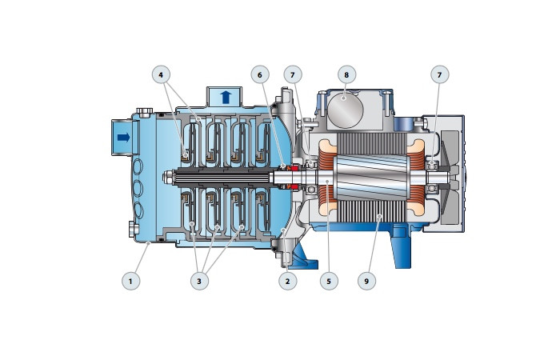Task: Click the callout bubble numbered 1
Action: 130,281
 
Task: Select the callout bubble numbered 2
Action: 288,281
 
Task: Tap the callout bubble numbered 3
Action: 199,281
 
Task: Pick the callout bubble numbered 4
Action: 161,74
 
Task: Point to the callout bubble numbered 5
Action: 329,281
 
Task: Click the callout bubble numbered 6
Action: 260,74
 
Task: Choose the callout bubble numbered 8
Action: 346,74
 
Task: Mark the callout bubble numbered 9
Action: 366,281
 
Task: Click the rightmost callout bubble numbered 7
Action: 440,74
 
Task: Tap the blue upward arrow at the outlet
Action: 226,97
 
